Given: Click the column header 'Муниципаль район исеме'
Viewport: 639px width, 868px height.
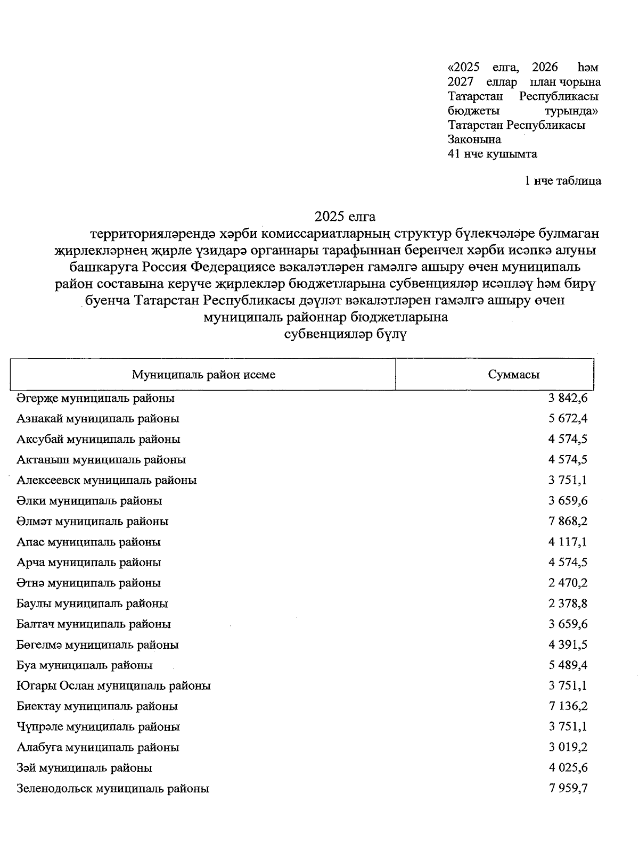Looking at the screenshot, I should pyautogui.click(x=203, y=374).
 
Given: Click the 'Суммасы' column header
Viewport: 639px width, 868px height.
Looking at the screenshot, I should pyautogui.click(x=513, y=374).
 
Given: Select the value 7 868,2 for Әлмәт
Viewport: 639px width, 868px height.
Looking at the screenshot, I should pyautogui.click(x=568, y=522).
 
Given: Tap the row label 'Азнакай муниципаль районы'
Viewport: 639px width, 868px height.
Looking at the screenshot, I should pyautogui.click(x=97, y=419).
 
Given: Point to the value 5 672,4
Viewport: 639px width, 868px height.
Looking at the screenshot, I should pyautogui.click(x=568, y=419).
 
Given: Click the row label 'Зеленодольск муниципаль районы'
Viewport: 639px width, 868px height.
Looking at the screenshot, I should pyautogui.click(x=112, y=789).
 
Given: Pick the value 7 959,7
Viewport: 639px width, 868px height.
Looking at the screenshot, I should pyautogui.click(x=568, y=789).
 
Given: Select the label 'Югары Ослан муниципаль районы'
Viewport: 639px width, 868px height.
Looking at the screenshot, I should pyautogui.click(x=113, y=686).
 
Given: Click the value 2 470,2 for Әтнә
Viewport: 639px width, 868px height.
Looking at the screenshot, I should pyautogui.click(x=568, y=583).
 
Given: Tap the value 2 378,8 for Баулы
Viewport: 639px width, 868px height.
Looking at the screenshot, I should pyautogui.click(x=568, y=604).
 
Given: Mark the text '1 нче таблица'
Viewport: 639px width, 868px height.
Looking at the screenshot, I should pyautogui.click(x=563, y=181).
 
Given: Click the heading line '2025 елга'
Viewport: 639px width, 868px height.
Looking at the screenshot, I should pyautogui.click(x=345, y=217).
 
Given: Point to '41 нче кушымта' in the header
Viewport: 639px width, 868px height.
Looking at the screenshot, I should pyautogui.click(x=493, y=154).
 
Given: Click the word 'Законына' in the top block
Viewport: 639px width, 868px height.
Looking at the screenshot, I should pyautogui.click(x=474, y=140).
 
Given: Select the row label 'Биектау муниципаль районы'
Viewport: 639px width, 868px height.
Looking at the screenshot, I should pyautogui.click(x=97, y=707).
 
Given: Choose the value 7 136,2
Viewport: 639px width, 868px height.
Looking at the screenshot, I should pyautogui.click(x=568, y=707).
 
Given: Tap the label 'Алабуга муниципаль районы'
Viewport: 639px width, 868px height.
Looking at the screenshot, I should pyautogui.click(x=97, y=748).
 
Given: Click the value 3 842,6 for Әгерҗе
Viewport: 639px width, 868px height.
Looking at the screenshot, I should pyautogui.click(x=568, y=398).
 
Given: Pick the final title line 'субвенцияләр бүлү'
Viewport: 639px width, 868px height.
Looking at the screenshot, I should pyautogui.click(x=346, y=335).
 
